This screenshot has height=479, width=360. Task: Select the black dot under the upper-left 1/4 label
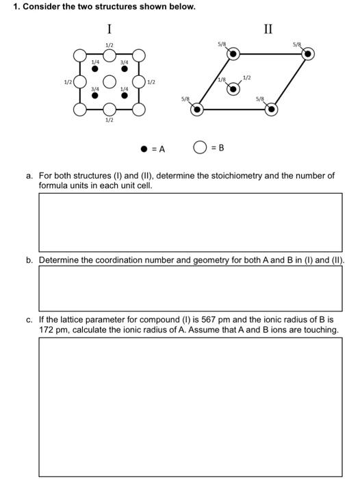pyautogui.click(x=94, y=69)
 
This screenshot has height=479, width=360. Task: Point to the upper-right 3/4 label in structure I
pyautogui.click(x=124, y=62)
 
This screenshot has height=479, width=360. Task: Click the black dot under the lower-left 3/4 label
pyautogui.click(x=94, y=95)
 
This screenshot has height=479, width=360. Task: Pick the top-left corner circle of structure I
pyautogui.click(x=80, y=54)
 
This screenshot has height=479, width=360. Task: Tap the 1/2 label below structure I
pyautogui.click(x=110, y=120)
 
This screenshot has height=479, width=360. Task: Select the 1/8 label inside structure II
pyautogui.click(x=221, y=81)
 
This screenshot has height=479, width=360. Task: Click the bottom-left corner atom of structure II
pyautogui.click(x=197, y=109)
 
